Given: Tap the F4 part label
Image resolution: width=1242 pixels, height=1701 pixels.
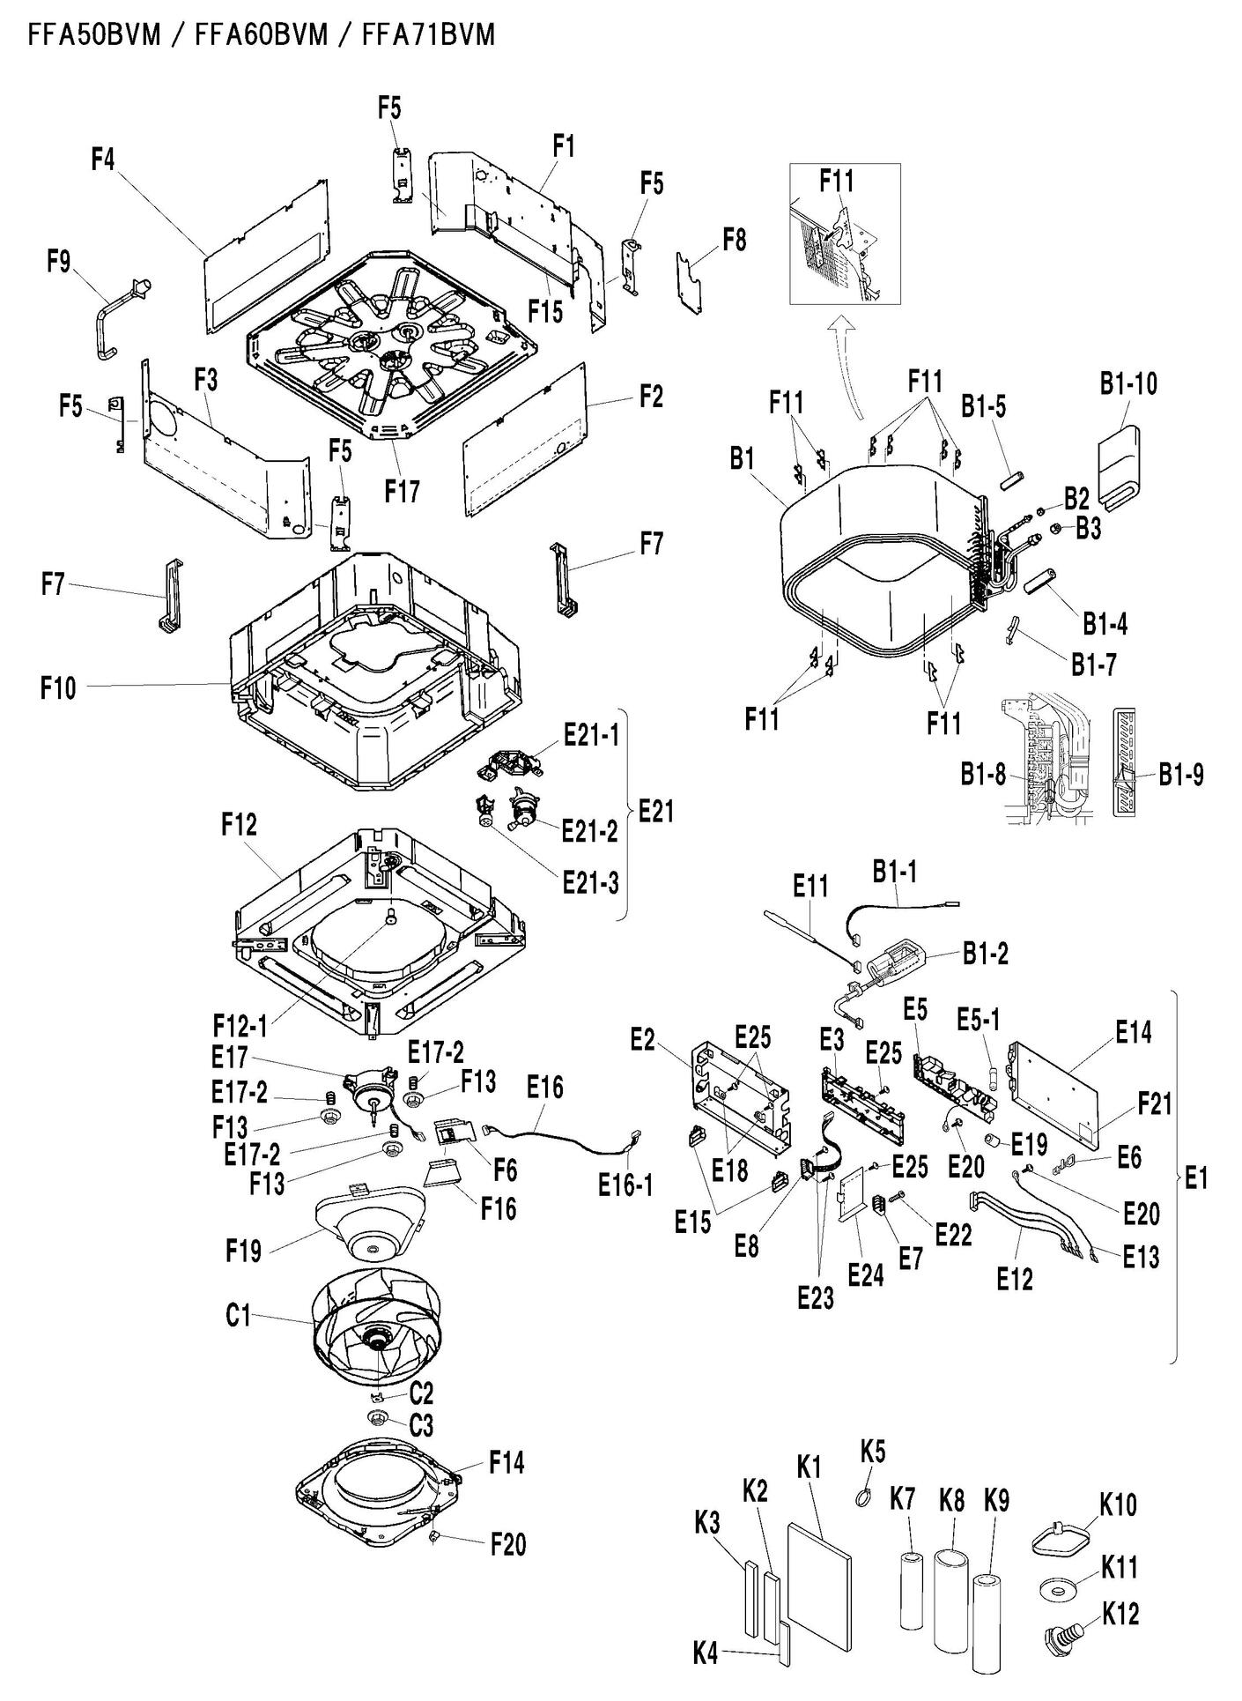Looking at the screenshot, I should tap(103, 160).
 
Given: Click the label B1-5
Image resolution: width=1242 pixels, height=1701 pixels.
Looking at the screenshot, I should tap(983, 407).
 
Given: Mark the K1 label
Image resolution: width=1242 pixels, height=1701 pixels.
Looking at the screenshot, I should tap(809, 1467).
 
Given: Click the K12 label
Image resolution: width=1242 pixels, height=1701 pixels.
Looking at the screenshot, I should tap(1120, 1614).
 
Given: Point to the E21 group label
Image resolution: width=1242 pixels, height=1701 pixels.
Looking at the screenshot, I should tap(655, 811).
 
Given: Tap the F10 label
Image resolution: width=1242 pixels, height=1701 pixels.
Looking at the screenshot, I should tap(58, 687).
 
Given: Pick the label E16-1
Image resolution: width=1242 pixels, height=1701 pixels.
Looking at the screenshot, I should tap(625, 1185).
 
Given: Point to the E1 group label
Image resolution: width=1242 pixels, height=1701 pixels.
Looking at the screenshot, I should tap(1195, 1178).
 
